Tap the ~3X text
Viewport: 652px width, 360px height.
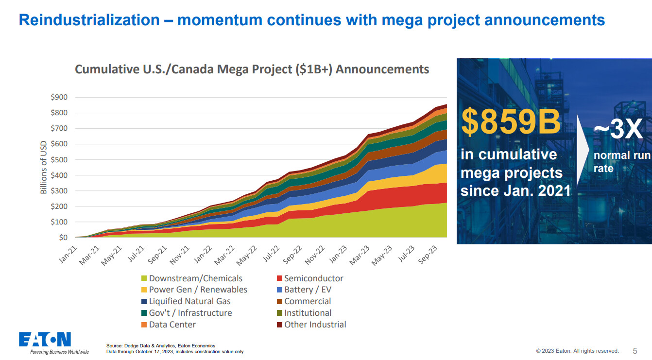(618, 129)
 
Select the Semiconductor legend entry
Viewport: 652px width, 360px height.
(310, 278)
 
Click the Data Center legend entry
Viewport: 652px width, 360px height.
(168, 325)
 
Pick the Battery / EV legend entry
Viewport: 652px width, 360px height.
(304, 290)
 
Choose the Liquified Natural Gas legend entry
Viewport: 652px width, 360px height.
(186, 301)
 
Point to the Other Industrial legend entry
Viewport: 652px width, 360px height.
(311, 325)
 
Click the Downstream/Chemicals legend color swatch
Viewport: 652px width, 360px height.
(144, 278)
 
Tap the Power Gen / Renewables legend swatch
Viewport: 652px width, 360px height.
(144, 290)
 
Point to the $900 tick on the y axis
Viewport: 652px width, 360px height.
(59, 97)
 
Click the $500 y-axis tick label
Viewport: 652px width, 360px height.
(59, 160)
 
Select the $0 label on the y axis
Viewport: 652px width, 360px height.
(63, 238)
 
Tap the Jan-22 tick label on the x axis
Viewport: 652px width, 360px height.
(203, 255)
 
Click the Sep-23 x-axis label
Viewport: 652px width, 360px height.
(428, 255)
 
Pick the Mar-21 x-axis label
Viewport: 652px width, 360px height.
(89, 255)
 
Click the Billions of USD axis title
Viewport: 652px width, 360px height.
(43, 167)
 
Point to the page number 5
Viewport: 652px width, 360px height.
(635, 351)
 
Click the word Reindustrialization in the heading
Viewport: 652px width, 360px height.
(89, 20)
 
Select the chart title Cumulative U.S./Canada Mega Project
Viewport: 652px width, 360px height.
(252, 69)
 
